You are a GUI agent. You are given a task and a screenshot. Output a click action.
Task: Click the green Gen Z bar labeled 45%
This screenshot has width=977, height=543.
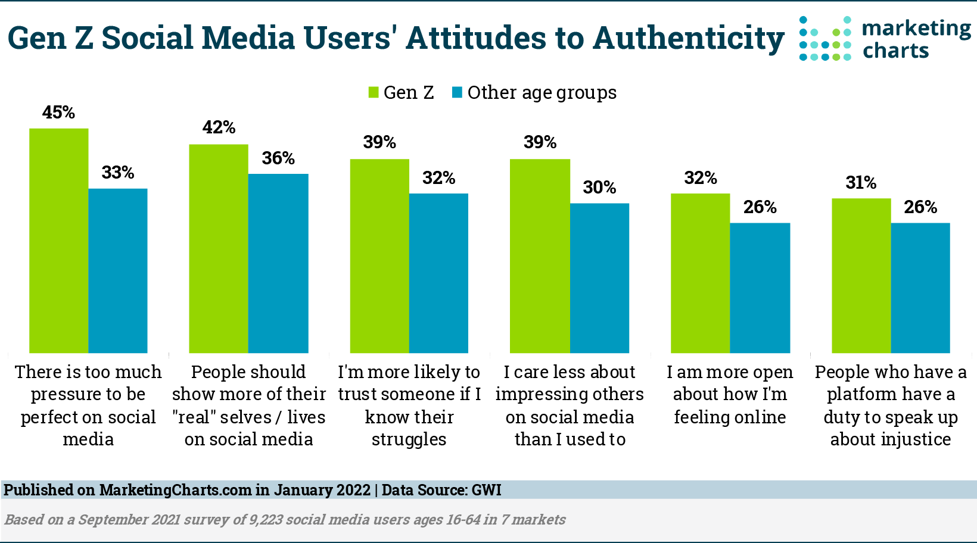59,241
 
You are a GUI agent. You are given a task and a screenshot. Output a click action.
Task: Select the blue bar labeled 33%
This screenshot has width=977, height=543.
118,271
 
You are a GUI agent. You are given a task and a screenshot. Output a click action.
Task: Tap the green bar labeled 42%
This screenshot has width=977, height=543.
219,248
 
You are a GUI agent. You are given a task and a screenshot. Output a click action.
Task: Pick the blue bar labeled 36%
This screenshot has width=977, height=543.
278,263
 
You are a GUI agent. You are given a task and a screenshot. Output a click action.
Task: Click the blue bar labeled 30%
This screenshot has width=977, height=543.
599,278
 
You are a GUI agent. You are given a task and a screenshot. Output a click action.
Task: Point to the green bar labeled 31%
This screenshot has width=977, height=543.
861,276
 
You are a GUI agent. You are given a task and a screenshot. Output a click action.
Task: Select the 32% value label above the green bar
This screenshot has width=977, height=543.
701,178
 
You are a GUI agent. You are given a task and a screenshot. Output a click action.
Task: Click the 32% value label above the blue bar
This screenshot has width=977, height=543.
439,178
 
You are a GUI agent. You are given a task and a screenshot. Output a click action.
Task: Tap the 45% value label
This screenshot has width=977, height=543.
58,113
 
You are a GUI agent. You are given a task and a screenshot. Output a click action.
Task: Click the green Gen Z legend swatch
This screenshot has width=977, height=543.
374,92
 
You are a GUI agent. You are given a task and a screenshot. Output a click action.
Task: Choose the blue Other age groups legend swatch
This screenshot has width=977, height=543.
457,92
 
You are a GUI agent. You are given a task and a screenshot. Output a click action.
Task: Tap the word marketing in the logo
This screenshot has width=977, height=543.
917,29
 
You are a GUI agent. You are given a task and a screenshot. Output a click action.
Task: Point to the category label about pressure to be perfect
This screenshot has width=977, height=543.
88,405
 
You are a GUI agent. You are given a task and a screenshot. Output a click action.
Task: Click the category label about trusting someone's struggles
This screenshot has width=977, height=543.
409,405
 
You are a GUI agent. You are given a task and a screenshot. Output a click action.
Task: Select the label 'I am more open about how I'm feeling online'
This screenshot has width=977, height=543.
730,394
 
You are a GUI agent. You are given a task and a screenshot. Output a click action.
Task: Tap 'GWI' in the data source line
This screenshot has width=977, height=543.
486,490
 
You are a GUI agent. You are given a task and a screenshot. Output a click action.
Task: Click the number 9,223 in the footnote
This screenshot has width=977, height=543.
266,519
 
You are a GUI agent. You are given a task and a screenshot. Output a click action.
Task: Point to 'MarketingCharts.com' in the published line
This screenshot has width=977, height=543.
175,490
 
